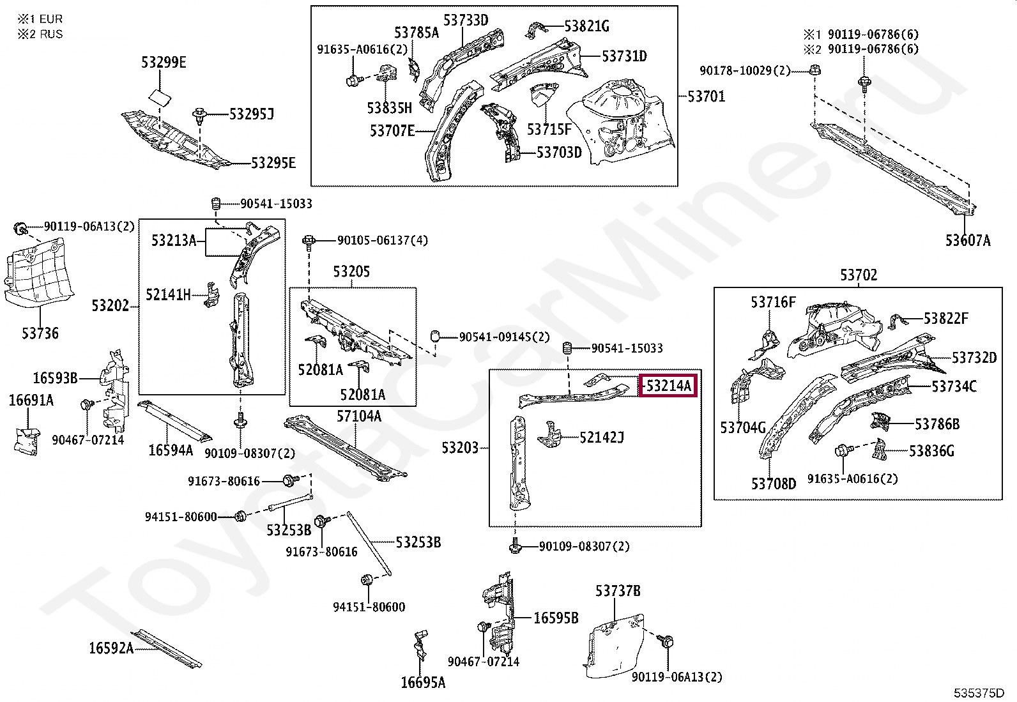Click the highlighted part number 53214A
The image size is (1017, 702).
668,386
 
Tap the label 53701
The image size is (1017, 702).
706,96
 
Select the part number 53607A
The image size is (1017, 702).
968,240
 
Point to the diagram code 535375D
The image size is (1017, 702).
979,693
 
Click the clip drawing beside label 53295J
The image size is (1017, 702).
200,116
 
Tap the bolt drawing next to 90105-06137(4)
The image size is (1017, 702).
309,243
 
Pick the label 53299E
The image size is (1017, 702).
164,62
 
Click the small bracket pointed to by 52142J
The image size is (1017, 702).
549,434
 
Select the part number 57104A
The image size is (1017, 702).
358,416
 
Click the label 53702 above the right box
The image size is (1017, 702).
859,275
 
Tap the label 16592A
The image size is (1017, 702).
111,648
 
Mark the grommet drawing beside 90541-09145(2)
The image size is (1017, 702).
435,337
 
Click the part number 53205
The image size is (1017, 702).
351,271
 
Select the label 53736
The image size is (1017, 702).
40,333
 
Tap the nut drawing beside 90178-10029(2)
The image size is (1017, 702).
815,70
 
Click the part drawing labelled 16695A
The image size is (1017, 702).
421,645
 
